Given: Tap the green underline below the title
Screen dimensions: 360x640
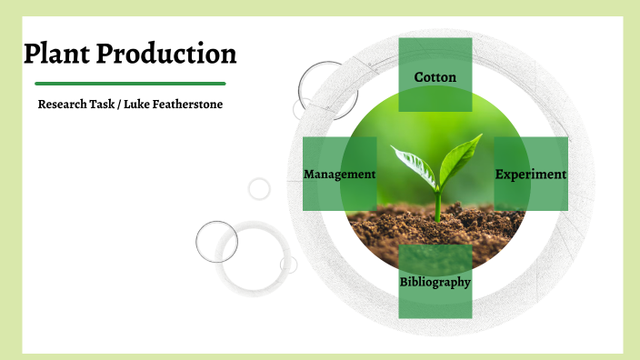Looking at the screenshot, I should pos(124,84).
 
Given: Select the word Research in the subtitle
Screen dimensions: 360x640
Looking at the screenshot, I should pos(66,105).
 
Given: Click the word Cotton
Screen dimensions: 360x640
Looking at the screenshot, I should pos(435,77).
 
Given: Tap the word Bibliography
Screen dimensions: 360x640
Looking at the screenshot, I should pos(435,282).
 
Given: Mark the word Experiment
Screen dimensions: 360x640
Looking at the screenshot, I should pos(531,174).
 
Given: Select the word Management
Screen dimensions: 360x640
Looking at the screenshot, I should pos(339,174).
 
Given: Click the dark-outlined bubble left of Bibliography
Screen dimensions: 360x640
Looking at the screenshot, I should pos(216,242).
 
